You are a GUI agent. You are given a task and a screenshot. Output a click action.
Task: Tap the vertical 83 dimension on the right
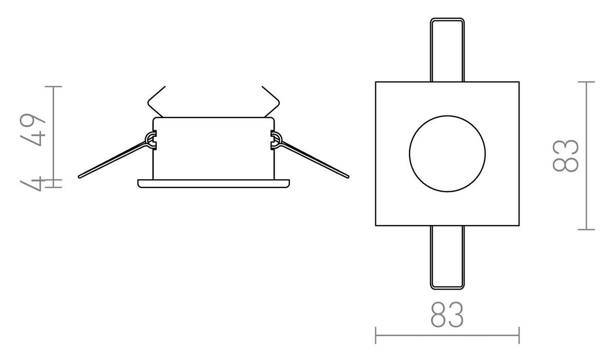567,156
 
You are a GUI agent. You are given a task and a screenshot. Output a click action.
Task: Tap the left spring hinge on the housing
151,139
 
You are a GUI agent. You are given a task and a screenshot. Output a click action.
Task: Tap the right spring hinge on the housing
275,139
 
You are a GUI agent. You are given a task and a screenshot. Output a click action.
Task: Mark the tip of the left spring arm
80,177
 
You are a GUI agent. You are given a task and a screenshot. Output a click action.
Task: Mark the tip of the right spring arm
348,177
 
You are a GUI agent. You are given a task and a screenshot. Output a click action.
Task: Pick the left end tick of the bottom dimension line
376,335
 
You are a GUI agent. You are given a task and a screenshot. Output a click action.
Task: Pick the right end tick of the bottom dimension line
519,335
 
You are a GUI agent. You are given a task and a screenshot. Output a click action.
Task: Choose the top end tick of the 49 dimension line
53,86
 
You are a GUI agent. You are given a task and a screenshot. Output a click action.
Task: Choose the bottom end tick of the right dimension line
586,229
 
